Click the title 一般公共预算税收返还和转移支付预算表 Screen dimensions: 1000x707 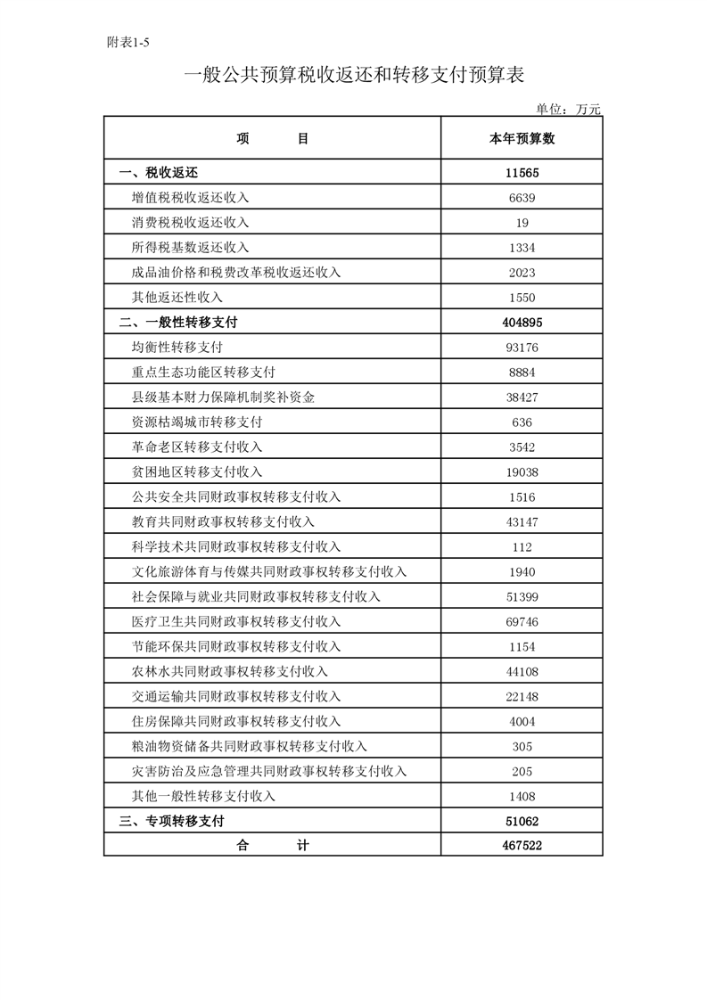tap(353, 75)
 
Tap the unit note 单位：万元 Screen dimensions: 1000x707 tap(569, 109)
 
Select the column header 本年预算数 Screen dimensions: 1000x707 tap(522, 139)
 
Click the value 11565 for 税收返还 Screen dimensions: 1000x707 tap(522, 173)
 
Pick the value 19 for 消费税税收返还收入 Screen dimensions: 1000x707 tap(522, 223)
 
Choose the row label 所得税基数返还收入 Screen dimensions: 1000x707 tap(190, 248)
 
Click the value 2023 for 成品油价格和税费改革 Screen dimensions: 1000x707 tap(522, 273)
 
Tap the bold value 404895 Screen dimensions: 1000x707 tap(522, 323)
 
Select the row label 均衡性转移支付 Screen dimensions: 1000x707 tap(177, 348)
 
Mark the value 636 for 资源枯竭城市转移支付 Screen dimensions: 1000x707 tap(522, 422)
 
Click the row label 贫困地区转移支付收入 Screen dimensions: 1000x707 tap(196, 472)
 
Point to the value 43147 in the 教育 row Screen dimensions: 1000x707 tap(522, 522)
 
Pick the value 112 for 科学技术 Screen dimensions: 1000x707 tap(522, 547)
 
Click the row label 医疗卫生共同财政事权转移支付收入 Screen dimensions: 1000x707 tap(235, 622)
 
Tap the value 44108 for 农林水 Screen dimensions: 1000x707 tap(522, 672)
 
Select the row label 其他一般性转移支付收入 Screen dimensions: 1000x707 tap(203, 797)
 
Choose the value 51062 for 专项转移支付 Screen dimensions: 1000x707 tap(522, 822)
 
